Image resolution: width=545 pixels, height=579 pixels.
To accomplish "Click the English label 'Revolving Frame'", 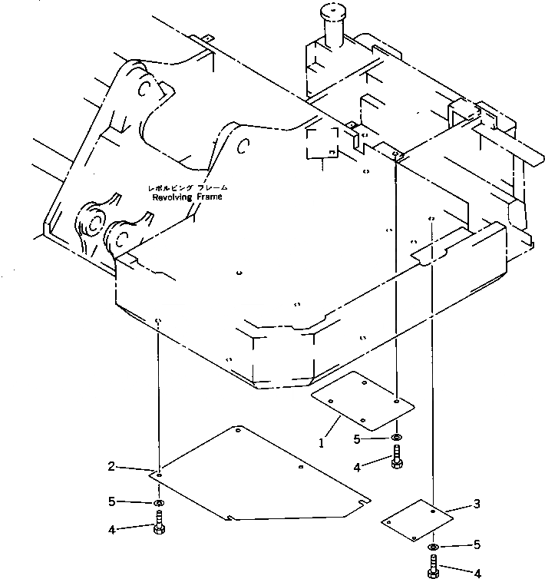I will point(187,197).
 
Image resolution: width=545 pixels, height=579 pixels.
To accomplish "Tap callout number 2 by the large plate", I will point(112,466).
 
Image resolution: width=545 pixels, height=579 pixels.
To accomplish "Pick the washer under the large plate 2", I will point(157,503).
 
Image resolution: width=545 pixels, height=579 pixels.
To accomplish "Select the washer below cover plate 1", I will point(395,438).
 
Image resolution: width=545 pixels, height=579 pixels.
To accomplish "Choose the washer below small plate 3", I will point(433,546).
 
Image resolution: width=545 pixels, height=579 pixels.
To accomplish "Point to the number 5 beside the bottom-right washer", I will point(476,545).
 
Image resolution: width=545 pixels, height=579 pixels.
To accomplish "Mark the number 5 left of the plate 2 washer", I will point(112,501).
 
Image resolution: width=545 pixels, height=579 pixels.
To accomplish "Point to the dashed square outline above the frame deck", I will point(322,143).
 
